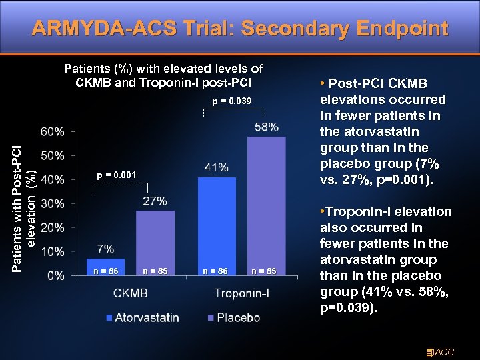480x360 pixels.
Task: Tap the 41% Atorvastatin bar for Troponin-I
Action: (x=217, y=226)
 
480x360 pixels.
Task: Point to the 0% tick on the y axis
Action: (x=57, y=275)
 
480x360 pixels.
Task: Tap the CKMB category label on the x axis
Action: (x=131, y=293)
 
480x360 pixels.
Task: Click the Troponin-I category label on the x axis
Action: (x=242, y=293)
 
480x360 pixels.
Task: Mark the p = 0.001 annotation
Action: (x=116, y=175)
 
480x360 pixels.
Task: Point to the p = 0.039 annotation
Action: (x=231, y=101)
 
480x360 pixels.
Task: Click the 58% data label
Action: (x=266, y=127)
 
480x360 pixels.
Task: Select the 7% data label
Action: (x=105, y=249)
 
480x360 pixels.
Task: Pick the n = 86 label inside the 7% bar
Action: (x=105, y=271)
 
